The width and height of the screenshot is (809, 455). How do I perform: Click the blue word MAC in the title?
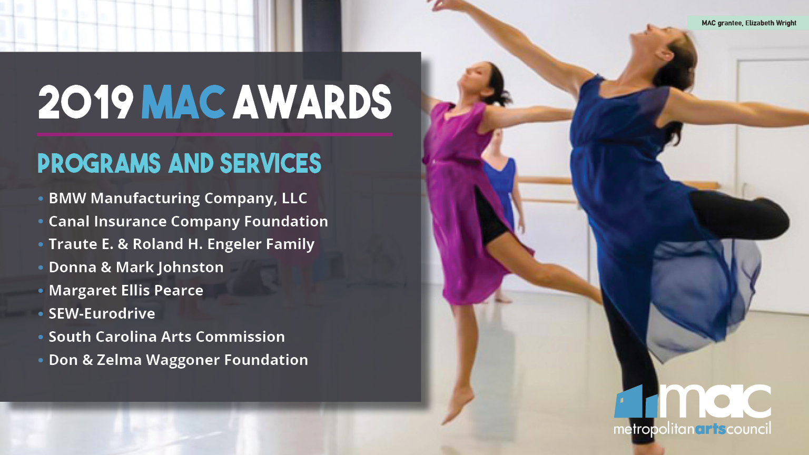(x=183, y=102)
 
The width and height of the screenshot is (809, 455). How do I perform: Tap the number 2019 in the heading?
(x=85, y=102)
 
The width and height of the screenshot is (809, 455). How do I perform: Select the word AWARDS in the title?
(x=312, y=102)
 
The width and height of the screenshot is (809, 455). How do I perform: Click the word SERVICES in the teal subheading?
(x=271, y=163)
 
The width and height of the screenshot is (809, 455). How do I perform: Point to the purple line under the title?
(x=214, y=135)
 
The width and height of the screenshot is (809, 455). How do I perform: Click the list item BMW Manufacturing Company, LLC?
(x=177, y=199)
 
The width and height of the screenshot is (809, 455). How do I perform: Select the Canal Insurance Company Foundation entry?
(x=188, y=222)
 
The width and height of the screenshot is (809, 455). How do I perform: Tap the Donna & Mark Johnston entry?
(x=136, y=268)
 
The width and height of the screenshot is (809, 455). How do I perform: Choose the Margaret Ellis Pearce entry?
(x=126, y=291)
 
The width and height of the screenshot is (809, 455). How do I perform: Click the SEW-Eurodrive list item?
(x=102, y=313)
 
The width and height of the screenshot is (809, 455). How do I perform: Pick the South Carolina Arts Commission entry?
(x=167, y=337)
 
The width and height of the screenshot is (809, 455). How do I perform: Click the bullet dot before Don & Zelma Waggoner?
(x=41, y=360)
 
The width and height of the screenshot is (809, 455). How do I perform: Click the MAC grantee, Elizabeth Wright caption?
(x=748, y=23)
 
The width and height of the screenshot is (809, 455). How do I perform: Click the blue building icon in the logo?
(x=636, y=402)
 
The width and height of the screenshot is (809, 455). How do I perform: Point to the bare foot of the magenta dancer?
(x=457, y=404)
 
